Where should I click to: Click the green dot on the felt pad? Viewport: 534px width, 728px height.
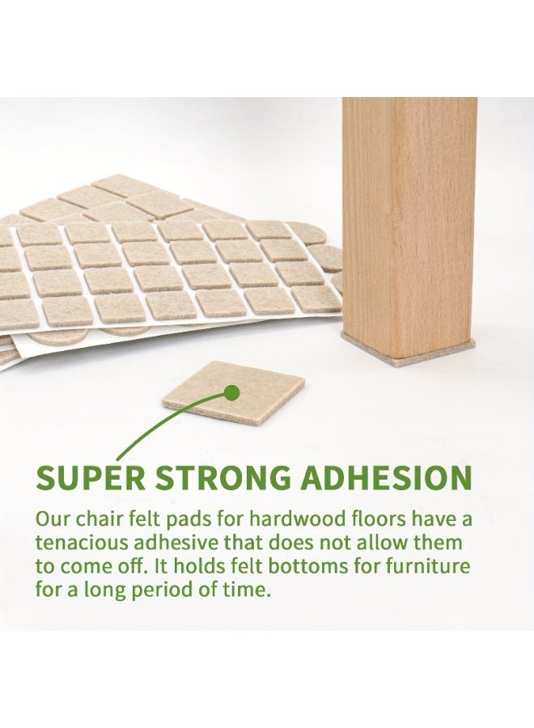click(x=231, y=393)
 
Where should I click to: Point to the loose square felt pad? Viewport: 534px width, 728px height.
click(x=234, y=392)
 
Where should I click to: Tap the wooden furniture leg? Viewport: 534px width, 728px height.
click(x=409, y=227)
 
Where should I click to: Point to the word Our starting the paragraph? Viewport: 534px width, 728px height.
click(x=53, y=519)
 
